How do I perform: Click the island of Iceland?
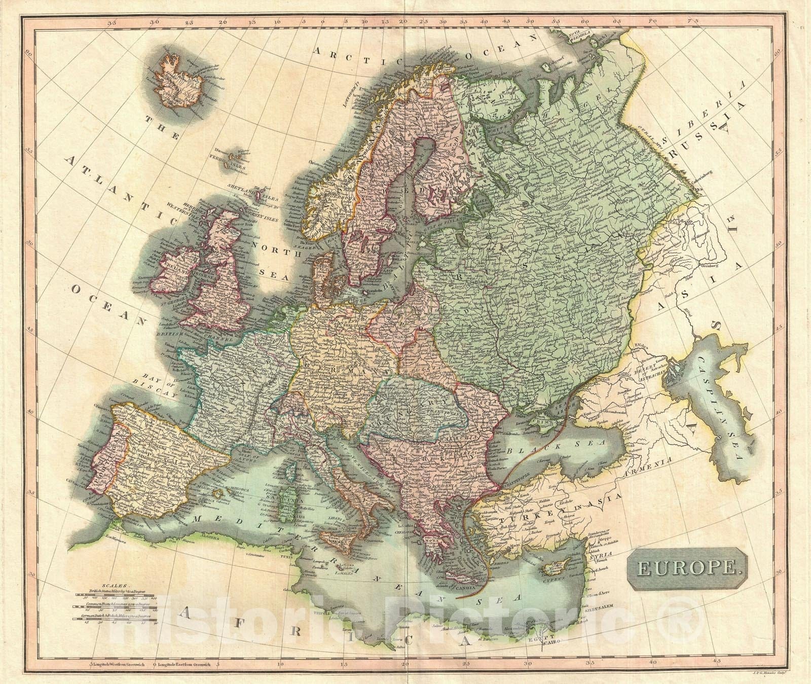pyautogui.click(x=185, y=81)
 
